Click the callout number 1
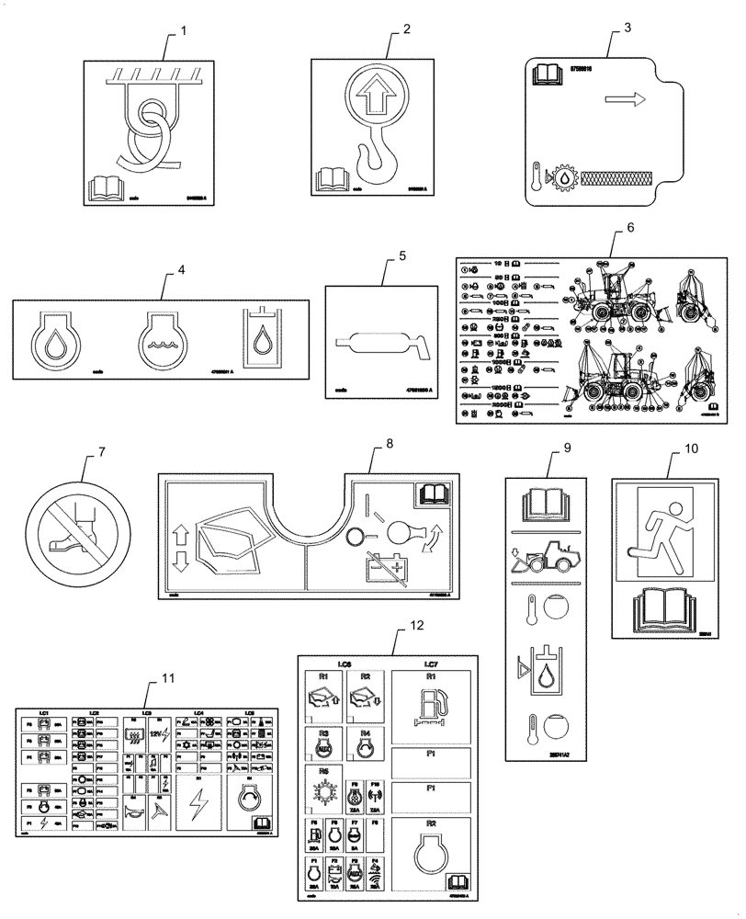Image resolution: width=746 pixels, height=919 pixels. [183, 31]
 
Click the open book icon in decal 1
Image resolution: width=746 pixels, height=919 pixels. [106, 188]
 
